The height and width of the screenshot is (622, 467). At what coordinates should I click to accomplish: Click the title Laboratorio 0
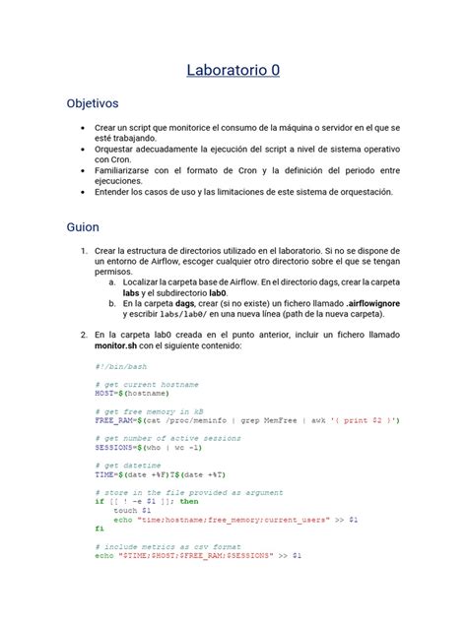[x=233, y=70]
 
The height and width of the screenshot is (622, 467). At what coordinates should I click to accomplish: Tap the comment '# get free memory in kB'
[x=149, y=410]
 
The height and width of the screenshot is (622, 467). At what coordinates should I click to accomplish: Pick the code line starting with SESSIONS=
[x=149, y=446]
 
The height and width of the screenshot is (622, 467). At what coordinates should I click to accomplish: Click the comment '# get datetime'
[x=129, y=465]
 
